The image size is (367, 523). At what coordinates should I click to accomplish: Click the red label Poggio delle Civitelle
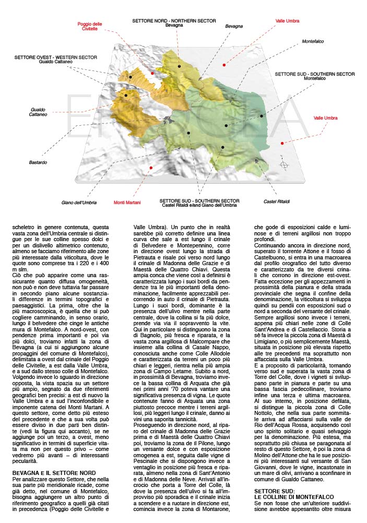90,27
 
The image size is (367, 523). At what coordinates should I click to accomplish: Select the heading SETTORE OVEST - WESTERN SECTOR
50,57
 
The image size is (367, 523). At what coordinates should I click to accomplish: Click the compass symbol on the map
284,165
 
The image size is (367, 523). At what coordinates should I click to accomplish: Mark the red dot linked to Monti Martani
151,168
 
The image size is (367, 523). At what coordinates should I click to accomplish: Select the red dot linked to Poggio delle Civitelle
152,73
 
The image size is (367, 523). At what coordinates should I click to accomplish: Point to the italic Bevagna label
234,26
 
